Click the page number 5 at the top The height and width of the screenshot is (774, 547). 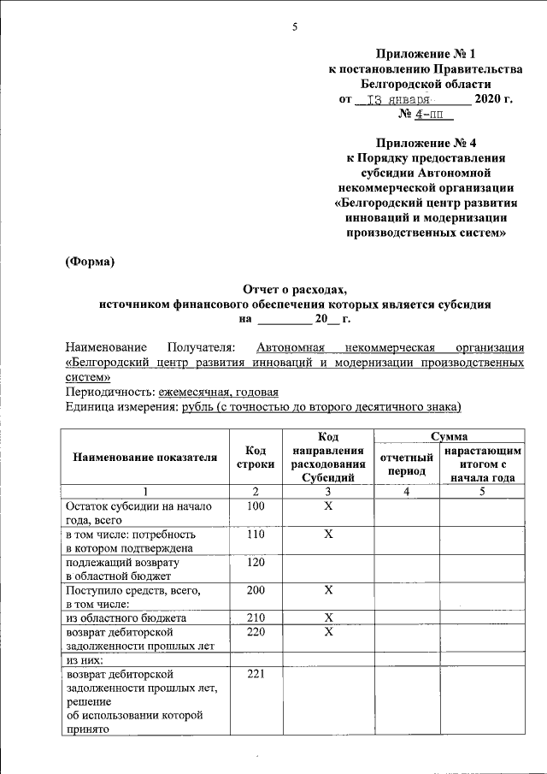pos(295,27)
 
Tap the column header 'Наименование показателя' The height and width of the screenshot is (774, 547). pos(145,458)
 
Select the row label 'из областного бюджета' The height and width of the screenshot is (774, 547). pos(126,617)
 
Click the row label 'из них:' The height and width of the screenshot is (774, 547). pos(85,660)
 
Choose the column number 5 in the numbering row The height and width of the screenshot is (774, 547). pos(482,491)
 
